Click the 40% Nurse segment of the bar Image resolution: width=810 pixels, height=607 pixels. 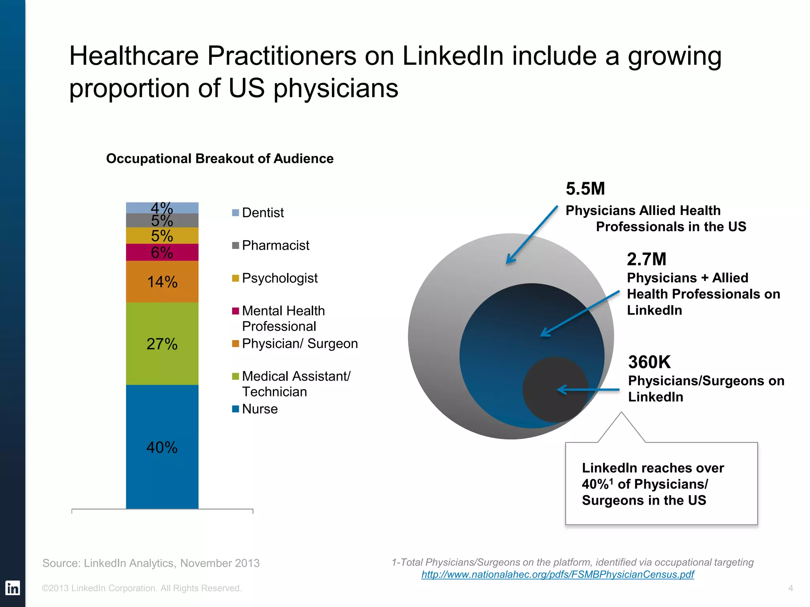pyautogui.click(x=162, y=447)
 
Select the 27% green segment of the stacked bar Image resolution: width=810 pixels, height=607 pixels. pyautogui.click(x=162, y=343)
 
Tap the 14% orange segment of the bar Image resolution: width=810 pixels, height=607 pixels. pyautogui.click(x=162, y=282)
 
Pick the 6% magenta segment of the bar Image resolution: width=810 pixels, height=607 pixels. pyautogui.click(x=162, y=253)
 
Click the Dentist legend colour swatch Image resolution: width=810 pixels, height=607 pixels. pyautogui.click(x=235, y=213)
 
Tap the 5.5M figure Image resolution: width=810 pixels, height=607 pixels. pyautogui.click(x=585, y=189)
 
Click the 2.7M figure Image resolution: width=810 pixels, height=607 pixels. pyautogui.click(x=646, y=259)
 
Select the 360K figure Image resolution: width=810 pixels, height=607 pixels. pyautogui.click(x=649, y=362)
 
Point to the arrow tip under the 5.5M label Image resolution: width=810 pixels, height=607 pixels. pyautogui.click(x=508, y=262)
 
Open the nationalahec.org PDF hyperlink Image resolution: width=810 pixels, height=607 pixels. pyautogui.click(x=557, y=574)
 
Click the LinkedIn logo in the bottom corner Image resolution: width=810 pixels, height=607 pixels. pyautogui.click(x=13, y=588)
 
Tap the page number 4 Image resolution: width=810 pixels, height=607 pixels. pyautogui.click(x=790, y=588)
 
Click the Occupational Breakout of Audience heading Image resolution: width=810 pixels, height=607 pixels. pyautogui.click(x=220, y=158)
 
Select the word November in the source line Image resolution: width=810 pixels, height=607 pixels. pyautogui.click(x=205, y=563)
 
